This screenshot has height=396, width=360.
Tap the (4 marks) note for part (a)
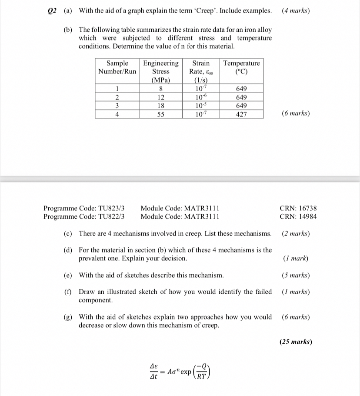tap(296, 10)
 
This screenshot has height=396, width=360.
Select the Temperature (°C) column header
tap(241, 67)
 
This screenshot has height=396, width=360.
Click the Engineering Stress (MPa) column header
tap(160, 71)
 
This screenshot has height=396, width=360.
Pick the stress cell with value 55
tap(160, 114)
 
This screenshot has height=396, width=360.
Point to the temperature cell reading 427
tap(241, 114)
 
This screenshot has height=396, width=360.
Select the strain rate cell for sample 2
tap(200, 97)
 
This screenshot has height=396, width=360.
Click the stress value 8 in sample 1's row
tap(160, 89)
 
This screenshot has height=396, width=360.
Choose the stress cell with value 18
tap(160, 106)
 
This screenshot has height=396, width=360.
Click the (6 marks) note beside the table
tap(296, 113)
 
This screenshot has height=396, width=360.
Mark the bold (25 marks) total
tap(296, 342)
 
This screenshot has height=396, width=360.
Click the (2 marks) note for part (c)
tap(296, 233)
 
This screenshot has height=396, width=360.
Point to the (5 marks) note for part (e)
tap(296, 275)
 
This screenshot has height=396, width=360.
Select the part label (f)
tap(68, 292)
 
